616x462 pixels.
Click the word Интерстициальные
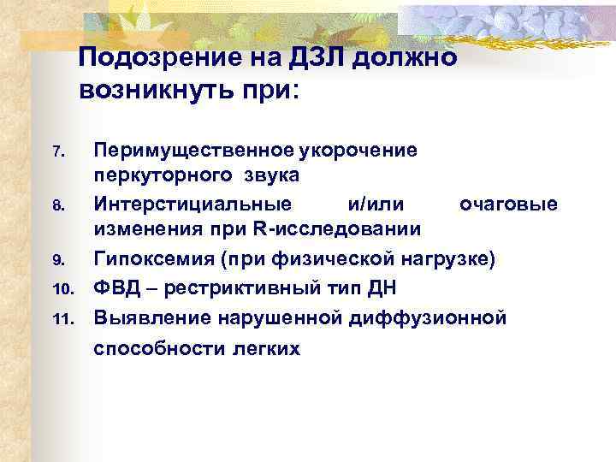192,204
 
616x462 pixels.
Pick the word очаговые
508,204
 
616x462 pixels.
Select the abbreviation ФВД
117,287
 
